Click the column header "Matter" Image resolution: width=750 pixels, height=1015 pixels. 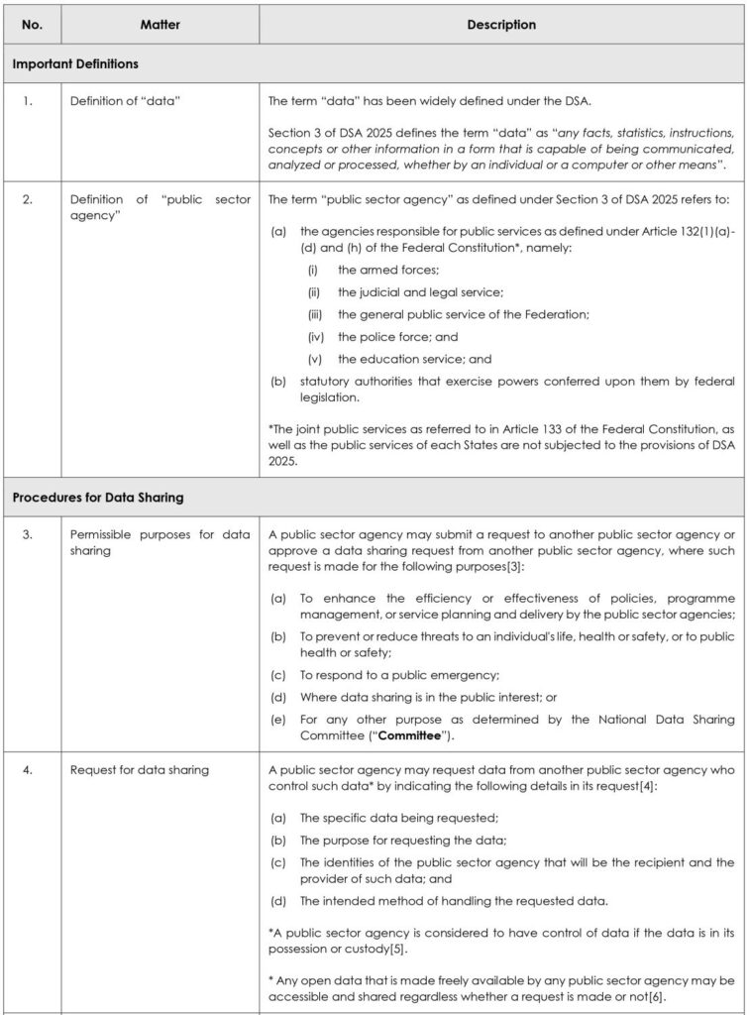160,25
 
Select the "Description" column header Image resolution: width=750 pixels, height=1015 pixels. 500,25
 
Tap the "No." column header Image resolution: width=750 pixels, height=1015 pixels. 34,25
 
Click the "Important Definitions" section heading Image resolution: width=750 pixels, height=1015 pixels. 75,64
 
